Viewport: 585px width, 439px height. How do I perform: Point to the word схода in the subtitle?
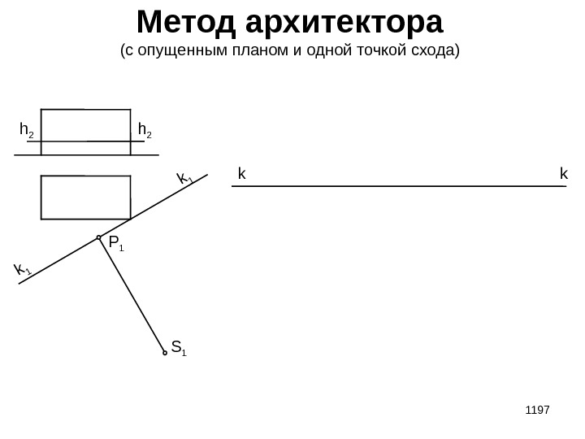point(436,52)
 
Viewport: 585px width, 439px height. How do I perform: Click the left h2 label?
point(26,130)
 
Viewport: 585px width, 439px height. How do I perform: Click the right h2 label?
point(145,130)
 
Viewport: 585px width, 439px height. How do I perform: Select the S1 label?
point(180,352)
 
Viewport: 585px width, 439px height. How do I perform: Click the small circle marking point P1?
point(99,238)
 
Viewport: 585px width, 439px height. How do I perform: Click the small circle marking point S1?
point(165,353)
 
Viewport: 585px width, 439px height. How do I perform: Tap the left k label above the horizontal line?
point(241,174)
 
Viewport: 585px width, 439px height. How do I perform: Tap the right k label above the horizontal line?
point(562,174)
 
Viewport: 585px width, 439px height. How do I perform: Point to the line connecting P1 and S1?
point(132,295)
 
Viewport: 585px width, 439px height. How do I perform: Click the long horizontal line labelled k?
point(398,187)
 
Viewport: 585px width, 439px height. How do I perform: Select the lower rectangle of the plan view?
point(85,198)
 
